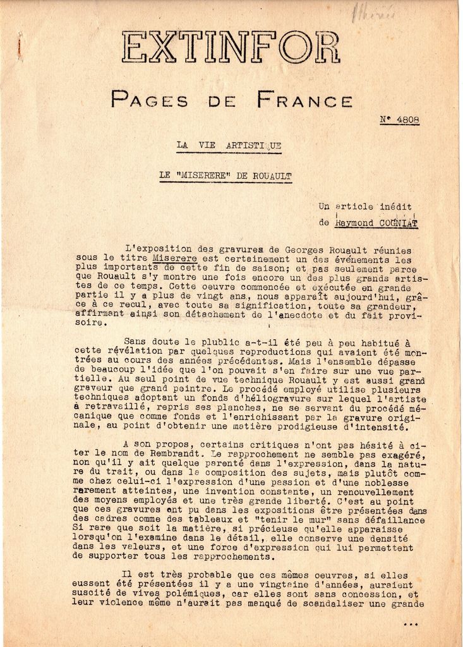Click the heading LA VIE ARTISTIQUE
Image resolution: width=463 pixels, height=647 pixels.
229,145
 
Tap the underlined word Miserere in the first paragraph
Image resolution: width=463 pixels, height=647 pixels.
174,258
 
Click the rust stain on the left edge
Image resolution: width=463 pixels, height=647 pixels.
20,45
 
